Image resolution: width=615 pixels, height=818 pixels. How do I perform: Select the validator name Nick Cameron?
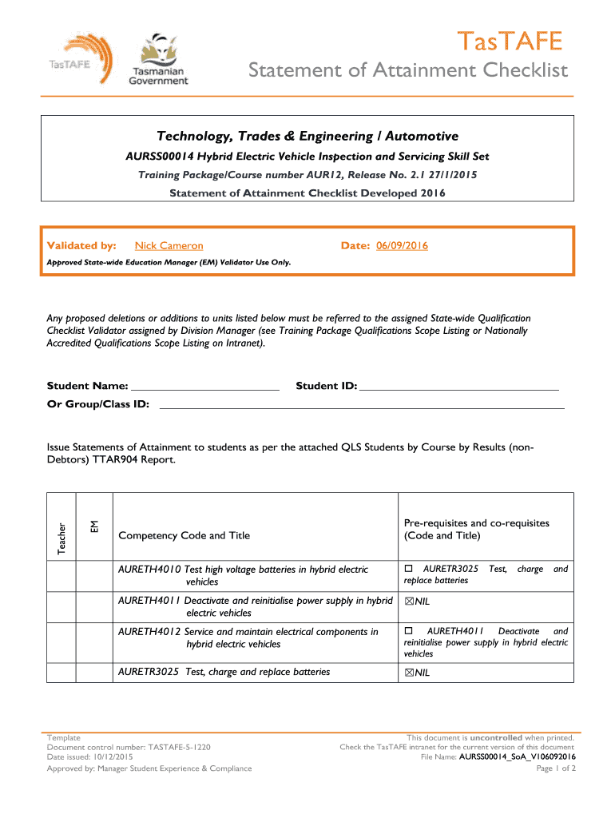pos(169,246)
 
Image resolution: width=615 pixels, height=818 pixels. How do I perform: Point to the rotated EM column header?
pos(94,526)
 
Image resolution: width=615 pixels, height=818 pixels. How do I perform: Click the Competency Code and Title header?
pos(184,535)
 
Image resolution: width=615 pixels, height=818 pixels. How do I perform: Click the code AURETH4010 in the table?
pos(149,570)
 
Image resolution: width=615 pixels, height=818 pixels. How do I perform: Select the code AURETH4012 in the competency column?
pos(149,632)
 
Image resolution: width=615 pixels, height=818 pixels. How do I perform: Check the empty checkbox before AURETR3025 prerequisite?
pos(408,569)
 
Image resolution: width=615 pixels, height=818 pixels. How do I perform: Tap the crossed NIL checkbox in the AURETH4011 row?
pos(409,602)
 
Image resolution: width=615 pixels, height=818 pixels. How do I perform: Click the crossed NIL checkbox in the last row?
pos(409,673)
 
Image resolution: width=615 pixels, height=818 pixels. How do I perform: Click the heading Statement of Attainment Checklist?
pos(407,71)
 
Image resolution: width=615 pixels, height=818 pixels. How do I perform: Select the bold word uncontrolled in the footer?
pos(496,737)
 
